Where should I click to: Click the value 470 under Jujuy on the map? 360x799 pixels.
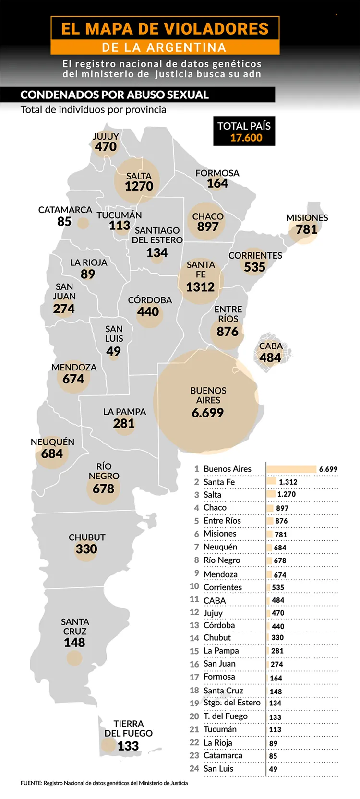click(106, 147)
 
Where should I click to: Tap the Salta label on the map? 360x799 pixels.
click(139, 176)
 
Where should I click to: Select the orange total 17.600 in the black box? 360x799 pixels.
click(246, 138)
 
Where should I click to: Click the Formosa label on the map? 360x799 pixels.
click(217, 173)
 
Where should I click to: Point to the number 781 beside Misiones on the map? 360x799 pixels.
click(306, 229)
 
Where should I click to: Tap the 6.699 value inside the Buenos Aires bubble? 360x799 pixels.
click(207, 413)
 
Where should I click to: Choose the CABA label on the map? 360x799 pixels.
click(271, 346)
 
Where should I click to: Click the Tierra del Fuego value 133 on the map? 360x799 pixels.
click(128, 746)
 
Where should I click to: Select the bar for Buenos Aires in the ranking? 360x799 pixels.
click(291, 469)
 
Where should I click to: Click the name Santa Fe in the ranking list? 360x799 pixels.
click(219, 482)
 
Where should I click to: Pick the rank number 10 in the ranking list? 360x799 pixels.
click(194, 586)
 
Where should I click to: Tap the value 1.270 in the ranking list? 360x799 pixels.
click(286, 494)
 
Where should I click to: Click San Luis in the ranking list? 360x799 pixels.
click(218, 768)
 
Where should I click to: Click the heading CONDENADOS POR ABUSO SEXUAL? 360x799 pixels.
click(114, 95)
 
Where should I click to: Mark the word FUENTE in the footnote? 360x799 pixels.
click(31, 783)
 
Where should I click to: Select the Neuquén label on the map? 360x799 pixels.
click(52, 442)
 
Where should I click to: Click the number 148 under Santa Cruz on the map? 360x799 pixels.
click(74, 642)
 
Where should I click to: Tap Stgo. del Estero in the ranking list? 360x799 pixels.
click(232, 703)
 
